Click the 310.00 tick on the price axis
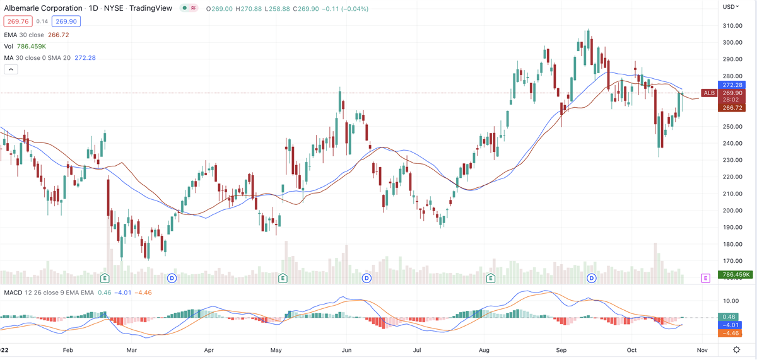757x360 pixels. [732, 26]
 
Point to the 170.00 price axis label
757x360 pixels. [732, 261]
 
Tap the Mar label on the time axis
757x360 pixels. [132, 348]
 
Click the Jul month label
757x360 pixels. [417, 348]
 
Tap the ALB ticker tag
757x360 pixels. [709, 93]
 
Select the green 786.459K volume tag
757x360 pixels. [736, 275]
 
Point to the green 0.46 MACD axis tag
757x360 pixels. [729, 316]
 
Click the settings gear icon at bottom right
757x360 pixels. [736, 349]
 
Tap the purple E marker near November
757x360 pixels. [705, 277]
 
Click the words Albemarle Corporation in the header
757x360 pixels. [44, 9]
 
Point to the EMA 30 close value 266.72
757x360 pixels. [59, 35]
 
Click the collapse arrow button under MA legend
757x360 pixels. [10, 69]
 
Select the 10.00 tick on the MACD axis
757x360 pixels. [732, 301]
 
